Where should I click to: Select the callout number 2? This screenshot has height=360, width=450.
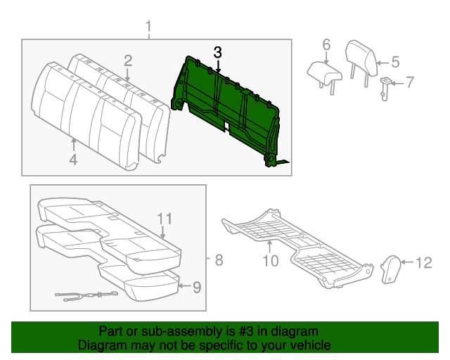(x=128, y=60)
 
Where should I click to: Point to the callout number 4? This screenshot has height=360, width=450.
(x=73, y=160)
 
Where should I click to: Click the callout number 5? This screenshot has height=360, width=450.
(x=395, y=62)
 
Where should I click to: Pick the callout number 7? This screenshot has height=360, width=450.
(x=410, y=82)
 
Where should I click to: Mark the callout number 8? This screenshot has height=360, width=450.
(x=219, y=261)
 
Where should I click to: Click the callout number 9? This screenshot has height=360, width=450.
(x=197, y=286)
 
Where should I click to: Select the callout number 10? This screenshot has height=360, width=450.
(x=271, y=261)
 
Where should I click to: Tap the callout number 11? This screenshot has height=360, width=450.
(x=164, y=218)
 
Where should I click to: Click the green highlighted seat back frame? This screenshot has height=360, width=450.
(x=225, y=98)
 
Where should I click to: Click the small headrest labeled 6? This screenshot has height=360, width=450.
(x=323, y=70)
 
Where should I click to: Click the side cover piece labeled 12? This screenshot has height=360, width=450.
(x=391, y=269)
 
